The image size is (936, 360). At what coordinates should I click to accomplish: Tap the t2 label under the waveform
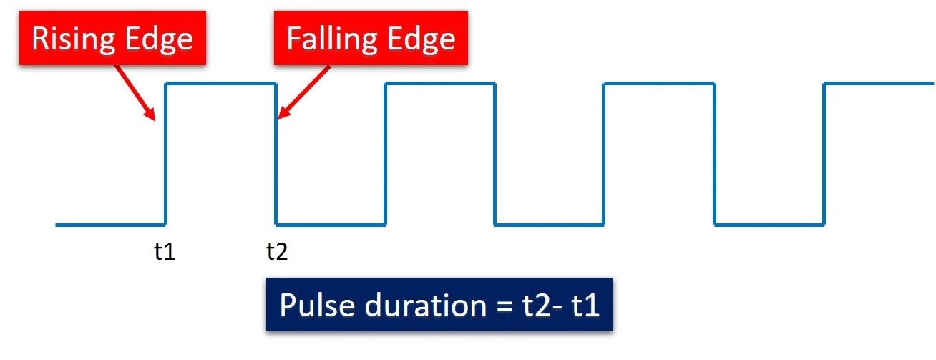click(x=277, y=252)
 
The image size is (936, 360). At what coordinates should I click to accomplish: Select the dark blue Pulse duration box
click(x=439, y=305)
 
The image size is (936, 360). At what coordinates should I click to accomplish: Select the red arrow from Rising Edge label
click(x=135, y=92)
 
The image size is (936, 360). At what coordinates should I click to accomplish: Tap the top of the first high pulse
click(x=221, y=84)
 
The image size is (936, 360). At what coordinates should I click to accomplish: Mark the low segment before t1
click(x=111, y=225)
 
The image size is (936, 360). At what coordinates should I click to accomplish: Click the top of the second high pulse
click(x=440, y=84)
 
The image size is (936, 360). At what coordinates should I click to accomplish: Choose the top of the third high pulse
click(x=659, y=84)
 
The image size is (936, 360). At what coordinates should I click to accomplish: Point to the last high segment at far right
click(x=879, y=84)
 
